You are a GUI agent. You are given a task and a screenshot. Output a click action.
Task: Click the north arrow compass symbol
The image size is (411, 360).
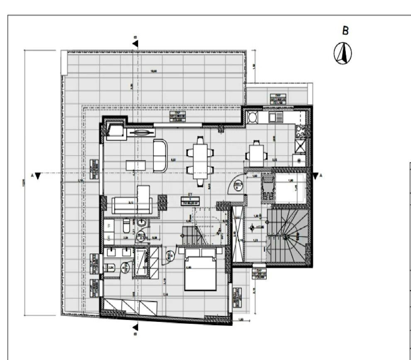tap(343, 54)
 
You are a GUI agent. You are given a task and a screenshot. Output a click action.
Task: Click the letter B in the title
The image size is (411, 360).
tap(345, 31)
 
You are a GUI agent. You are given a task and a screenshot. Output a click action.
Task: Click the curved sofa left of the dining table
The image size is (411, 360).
tap(160, 156)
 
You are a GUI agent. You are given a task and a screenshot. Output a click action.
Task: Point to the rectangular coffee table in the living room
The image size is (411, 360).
tap(136, 165)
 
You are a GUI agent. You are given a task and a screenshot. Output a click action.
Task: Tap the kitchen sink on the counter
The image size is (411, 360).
tap(275, 117)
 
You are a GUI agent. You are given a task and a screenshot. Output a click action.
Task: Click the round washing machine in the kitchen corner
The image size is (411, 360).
tap(252, 117)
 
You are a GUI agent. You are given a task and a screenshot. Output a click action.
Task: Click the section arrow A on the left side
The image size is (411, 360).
tap(38, 176)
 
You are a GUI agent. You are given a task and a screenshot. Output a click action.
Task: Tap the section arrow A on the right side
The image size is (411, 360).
tap(316, 176)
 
